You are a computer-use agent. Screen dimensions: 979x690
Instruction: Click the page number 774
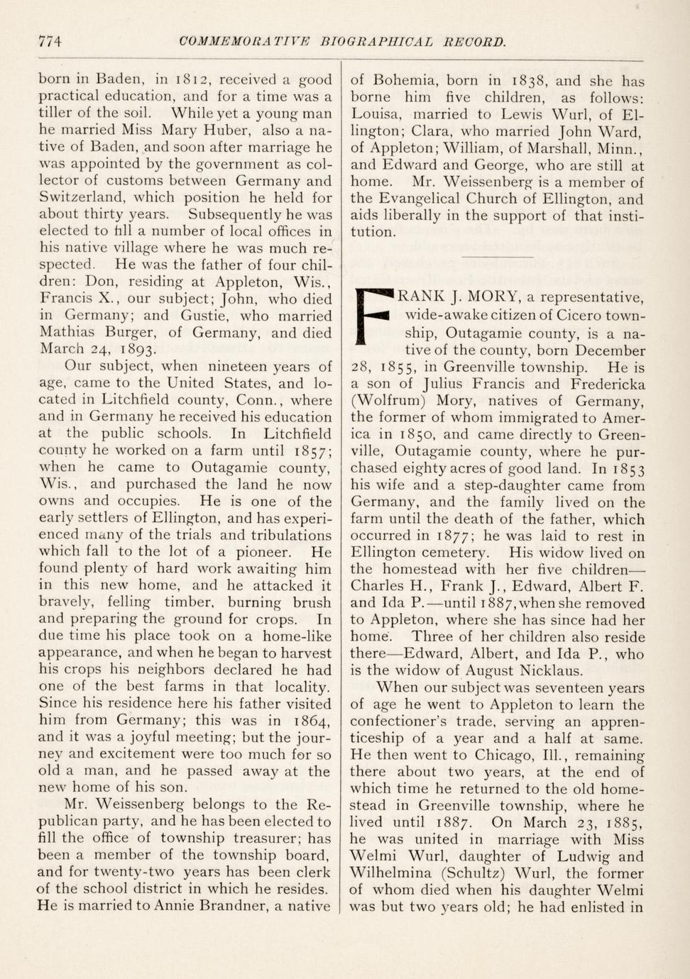(x=50, y=41)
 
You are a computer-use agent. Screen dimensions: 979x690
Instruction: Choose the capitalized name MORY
(x=486, y=297)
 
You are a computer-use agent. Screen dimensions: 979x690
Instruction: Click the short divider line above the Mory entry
(x=497, y=256)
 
